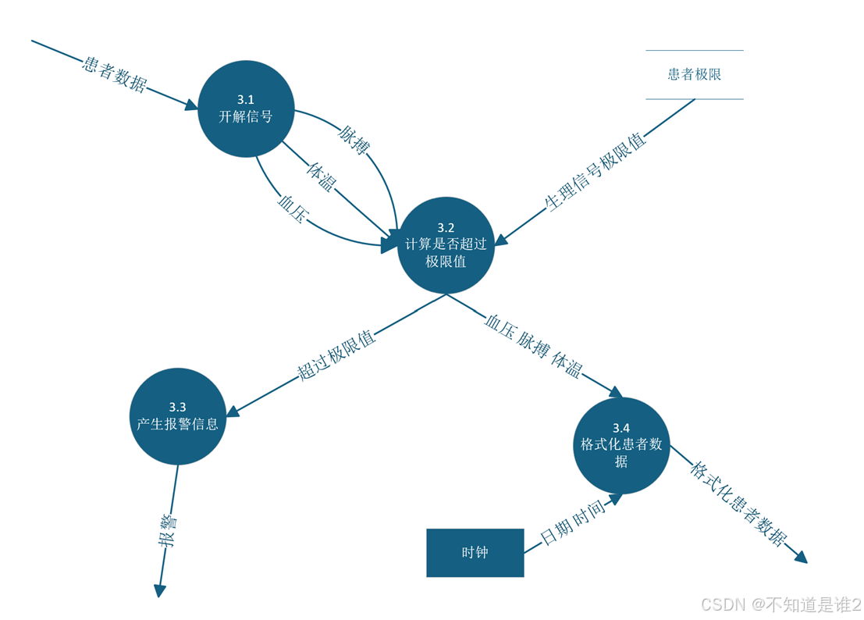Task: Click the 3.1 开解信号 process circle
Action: click(x=246, y=109)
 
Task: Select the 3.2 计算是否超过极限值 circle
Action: click(x=446, y=244)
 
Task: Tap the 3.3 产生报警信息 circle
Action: click(x=177, y=416)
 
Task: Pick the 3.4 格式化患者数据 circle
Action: click(x=621, y=445)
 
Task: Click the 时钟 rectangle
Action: click(x=475, y=553)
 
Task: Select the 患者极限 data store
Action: click(x=694, y=75)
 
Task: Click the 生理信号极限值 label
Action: click(x=596, y=172)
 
